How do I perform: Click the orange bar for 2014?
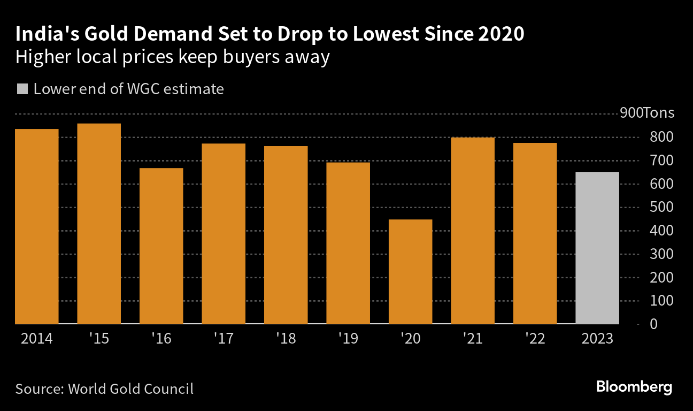(37, 226)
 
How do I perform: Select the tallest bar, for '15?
(99, 224)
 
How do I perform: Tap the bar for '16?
(161, 246)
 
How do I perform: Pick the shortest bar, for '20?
(410, 272)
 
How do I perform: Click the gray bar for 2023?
(597, 248)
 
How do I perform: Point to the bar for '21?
(473, 231)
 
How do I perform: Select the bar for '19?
(348, 243)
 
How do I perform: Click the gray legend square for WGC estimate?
(22, 89)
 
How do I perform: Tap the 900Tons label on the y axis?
(647, 113)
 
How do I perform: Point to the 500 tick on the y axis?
(661, 207)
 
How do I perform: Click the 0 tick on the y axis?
(653, 324)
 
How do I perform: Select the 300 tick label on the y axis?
(661, 254)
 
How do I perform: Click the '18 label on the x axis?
(286, 338)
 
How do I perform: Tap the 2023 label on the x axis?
(597, 338)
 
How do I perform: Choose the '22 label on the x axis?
(535, 338)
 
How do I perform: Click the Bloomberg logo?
(634, 387)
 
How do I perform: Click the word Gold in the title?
(106, 34)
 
